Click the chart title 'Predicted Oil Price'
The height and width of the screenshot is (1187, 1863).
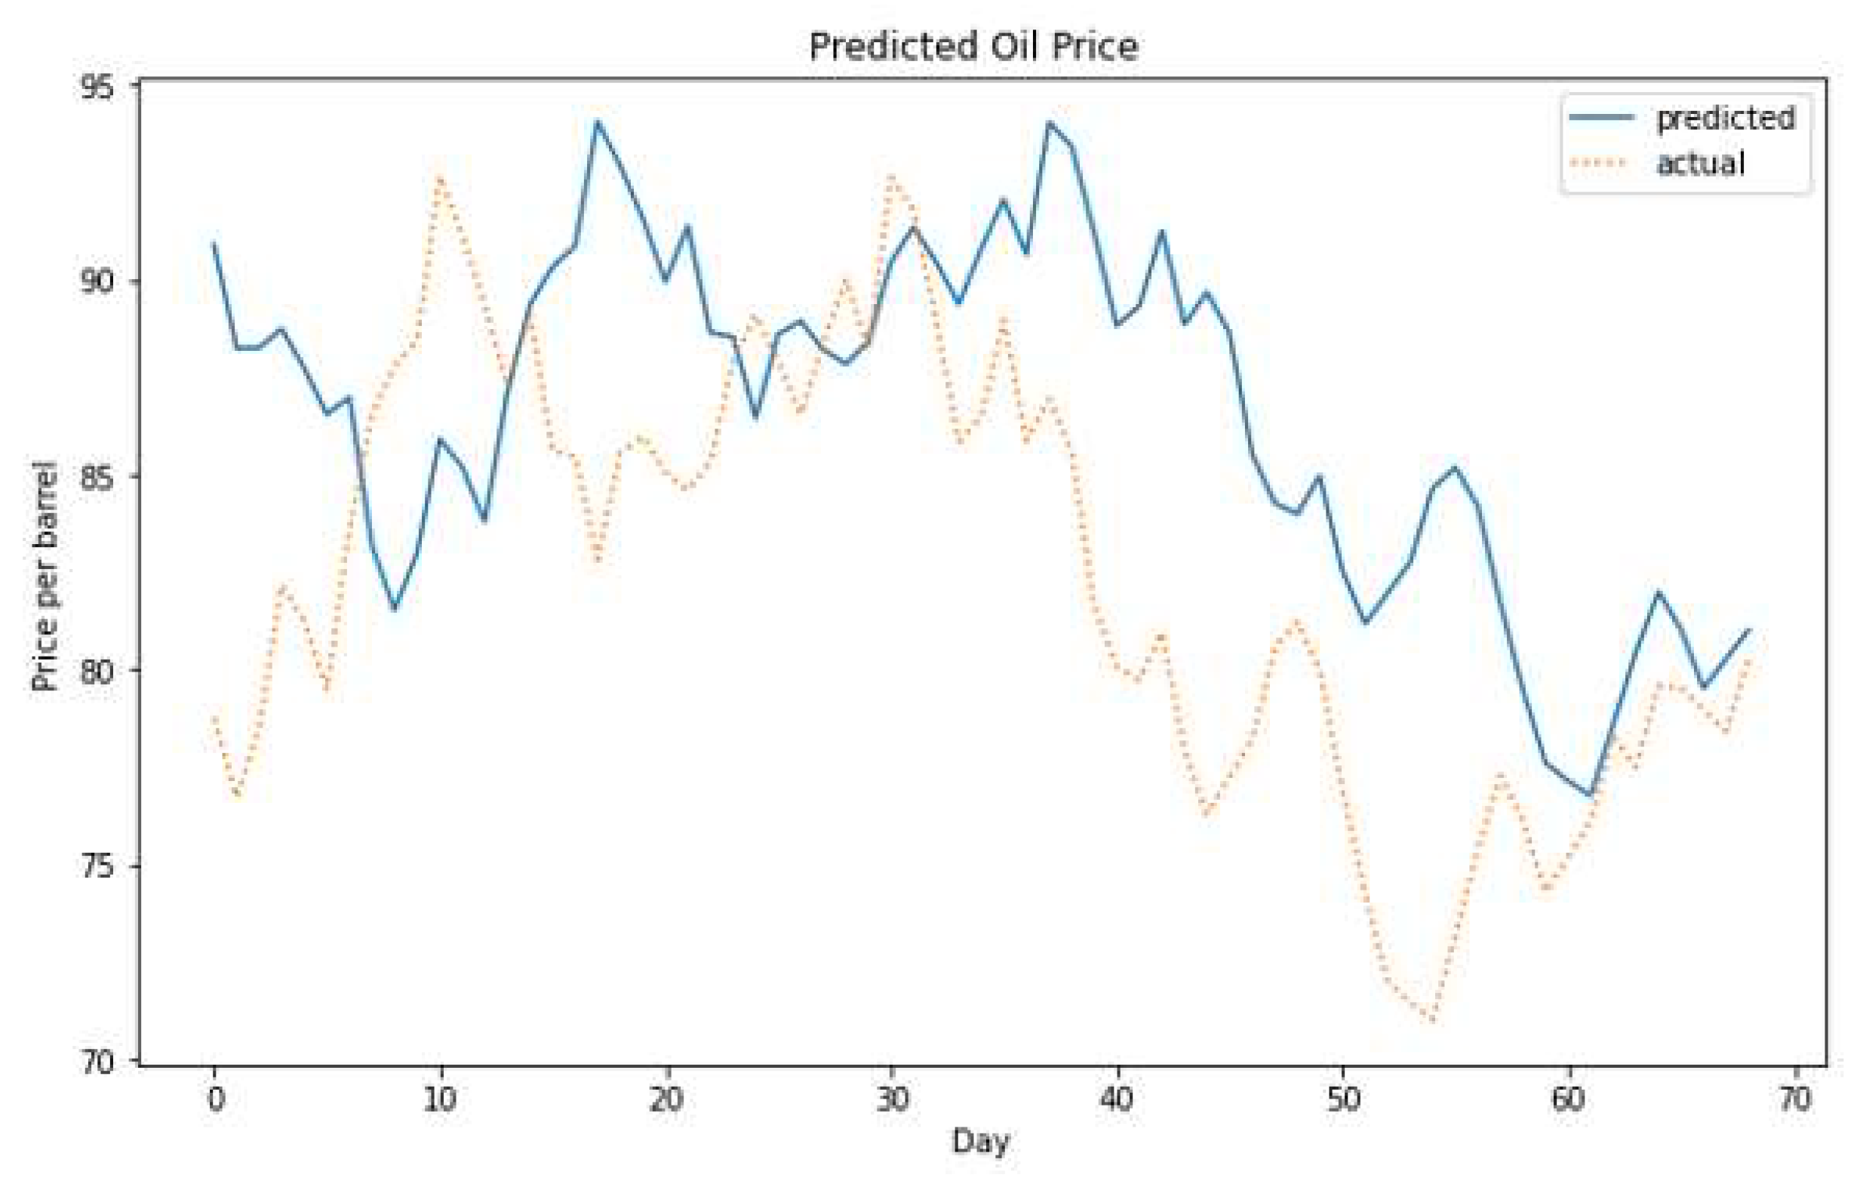[x=973, y=47]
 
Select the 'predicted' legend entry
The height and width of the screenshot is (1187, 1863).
[x=1724, y=118]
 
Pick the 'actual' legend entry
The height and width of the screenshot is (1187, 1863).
[x=1700, y=164]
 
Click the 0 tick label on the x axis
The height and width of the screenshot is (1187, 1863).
[x=215, y=1099]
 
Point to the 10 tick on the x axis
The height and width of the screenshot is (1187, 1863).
[x=440, y=1099]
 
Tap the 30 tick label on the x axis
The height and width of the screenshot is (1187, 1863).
[x=892, y=1099]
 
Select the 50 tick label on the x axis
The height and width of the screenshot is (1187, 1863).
[x=1343, y=1099]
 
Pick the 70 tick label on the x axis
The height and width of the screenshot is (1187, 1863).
[x=1795, y=1099]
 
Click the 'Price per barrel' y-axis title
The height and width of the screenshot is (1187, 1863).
[x=45, y=576]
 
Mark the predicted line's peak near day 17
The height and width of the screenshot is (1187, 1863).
[x=597, y=121]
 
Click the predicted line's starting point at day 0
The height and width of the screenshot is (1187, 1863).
[x=214, y=244]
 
